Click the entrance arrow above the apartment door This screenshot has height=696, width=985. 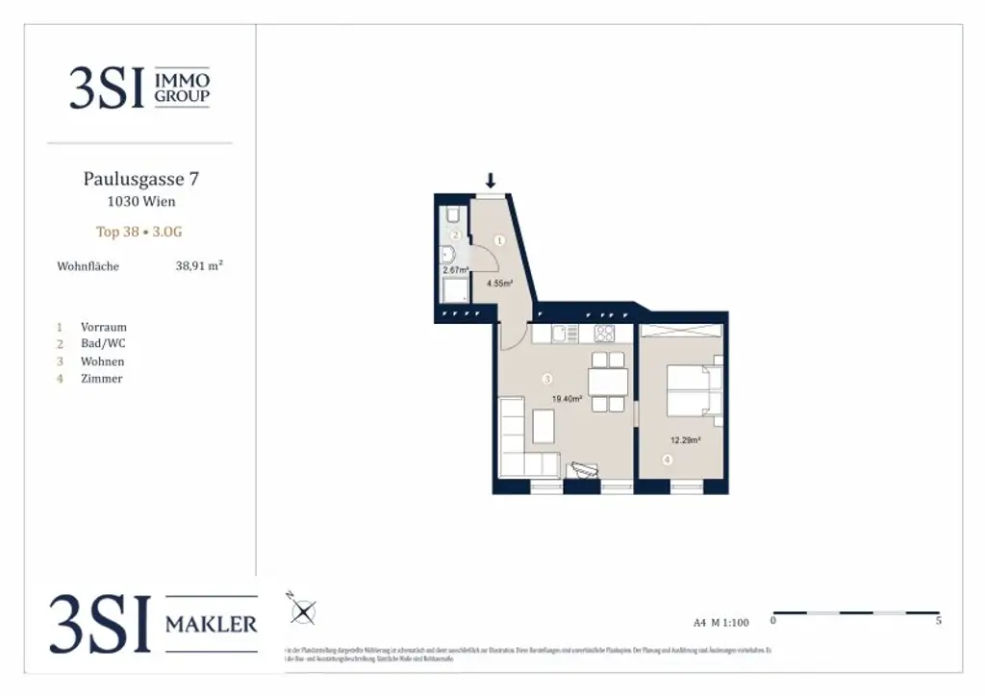pyautogui.click(x=491, y=180)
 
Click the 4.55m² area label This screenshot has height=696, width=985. pyautogui.click(x=499, y=284)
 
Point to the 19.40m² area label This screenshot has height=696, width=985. pyautogui.click(x=567, y=397)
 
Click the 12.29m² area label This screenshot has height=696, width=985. pyautogui.click(x=685, y=440)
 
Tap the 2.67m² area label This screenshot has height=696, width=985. pyautogui.click(x=455, y=271)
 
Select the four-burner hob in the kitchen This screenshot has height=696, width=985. pyautogui.click(x=605, y=335)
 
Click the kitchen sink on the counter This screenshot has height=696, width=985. pyautogui.click(x=562, y=335)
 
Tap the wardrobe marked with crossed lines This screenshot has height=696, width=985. pyautogui.click(x=680, y=331)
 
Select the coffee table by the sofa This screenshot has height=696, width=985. pyautogui.click(x=544, y=423)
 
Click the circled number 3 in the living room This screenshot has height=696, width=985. pyautogui.click(x=547, y=378)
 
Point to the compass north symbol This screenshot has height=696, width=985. pyautogui.click(x=304, y=609)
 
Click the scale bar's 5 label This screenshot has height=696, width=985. pyautogui.click(x=939, y=622)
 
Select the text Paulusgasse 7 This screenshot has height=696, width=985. pyautogui.click(x=141, y=179)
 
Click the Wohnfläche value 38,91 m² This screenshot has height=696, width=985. pyautogui.click(x=199, y=265)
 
